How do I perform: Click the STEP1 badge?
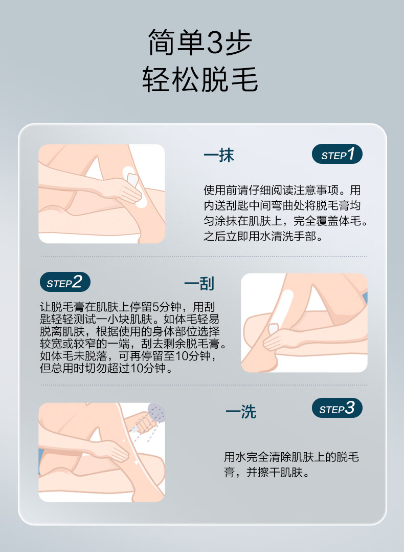coord(336,154)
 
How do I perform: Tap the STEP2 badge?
coord(65,282)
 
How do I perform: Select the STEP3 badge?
coord(336,408)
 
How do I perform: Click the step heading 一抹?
coord(219,156)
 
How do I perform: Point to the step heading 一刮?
coord(199,283)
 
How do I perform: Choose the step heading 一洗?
coord(241,411)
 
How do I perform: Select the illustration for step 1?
coord(102,194)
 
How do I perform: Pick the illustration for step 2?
coord(304,323)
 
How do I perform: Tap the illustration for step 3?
coord(102,452)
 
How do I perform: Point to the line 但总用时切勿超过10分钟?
coord(106,368)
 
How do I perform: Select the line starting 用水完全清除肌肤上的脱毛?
coord(291,457)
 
